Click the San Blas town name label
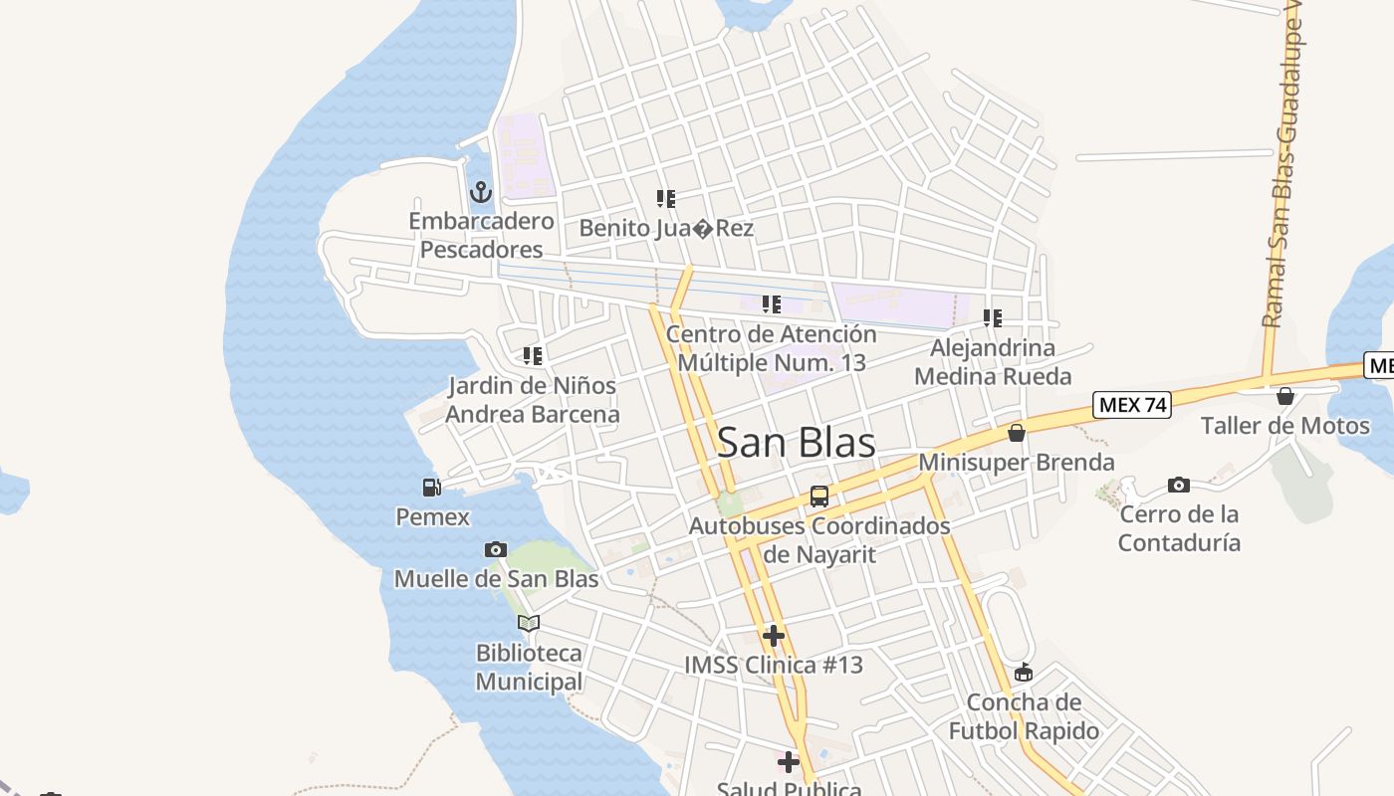797,443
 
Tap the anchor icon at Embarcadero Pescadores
481,191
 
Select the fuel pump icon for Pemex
432,488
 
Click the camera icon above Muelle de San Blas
495,549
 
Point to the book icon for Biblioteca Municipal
529,624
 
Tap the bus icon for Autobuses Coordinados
819,496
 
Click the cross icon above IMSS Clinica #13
774,636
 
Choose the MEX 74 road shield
1132,405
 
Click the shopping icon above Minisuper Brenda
1017,433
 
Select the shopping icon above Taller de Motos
1285,396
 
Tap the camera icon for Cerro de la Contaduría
1179,486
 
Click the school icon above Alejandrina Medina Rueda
993,318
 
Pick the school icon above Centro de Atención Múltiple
772,304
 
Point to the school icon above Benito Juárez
666,199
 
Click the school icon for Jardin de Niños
533,355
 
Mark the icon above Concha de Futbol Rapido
1024,673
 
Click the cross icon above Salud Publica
789,762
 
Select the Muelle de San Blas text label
496,579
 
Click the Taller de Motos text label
1284,426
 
